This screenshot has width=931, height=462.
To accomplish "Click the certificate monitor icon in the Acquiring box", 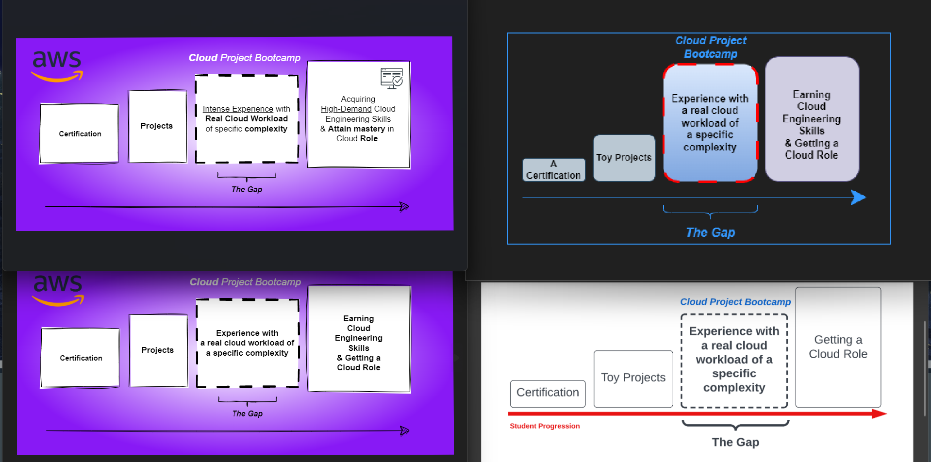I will tap(392, 78).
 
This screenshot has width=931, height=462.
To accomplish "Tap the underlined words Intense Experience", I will tap(238, 109).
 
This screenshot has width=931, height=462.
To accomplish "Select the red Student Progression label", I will tap(545, 426).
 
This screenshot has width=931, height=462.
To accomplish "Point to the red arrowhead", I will tap(879, 414).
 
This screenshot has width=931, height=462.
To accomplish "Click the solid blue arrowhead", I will tap(858, 197).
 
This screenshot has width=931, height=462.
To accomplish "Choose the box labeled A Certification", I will tap(553, 170).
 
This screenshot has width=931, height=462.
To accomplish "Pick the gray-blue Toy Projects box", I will tap(624, 158).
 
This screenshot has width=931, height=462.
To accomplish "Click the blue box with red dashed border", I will tap(710, 123).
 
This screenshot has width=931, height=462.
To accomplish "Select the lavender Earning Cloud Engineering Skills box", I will tap(812, 119).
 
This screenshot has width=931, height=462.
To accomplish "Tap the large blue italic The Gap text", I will tap(710, 232).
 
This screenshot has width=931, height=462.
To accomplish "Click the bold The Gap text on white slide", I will tap(735, 442).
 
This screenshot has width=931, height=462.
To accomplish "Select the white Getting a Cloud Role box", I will tap(838, 347).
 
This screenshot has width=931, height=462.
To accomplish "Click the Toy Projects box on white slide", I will tap(633, 378).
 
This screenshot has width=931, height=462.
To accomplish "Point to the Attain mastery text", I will tap(356, 129).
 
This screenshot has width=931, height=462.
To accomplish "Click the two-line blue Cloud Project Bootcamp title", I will tap(711, 47).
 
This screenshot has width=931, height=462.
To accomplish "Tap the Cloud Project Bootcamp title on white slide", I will tap(735, 302).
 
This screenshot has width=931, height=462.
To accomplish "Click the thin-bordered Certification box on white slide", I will tap(548, 393).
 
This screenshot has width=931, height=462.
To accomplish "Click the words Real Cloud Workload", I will tap(247, 119).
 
